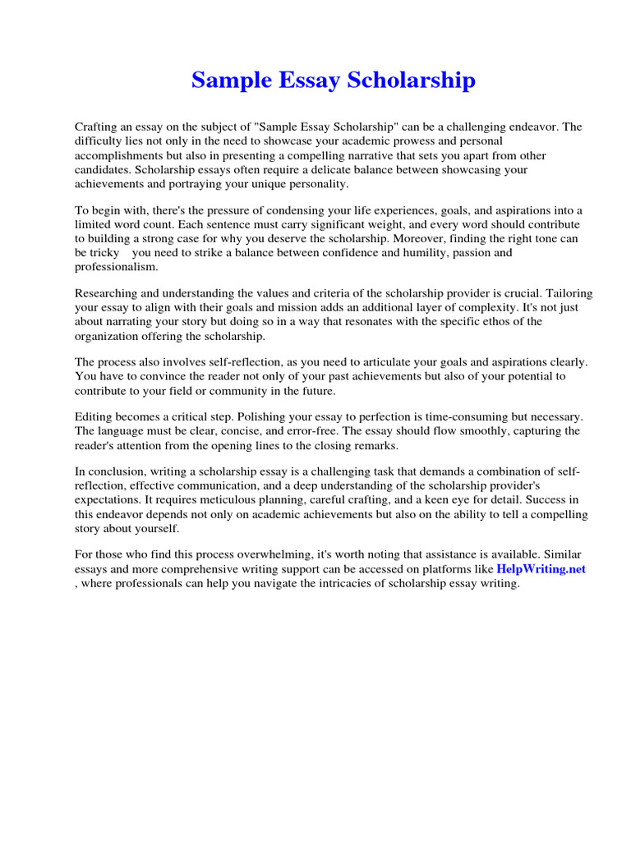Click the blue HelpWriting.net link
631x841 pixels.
click(541, 568)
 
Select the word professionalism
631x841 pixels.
click(116, 267)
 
